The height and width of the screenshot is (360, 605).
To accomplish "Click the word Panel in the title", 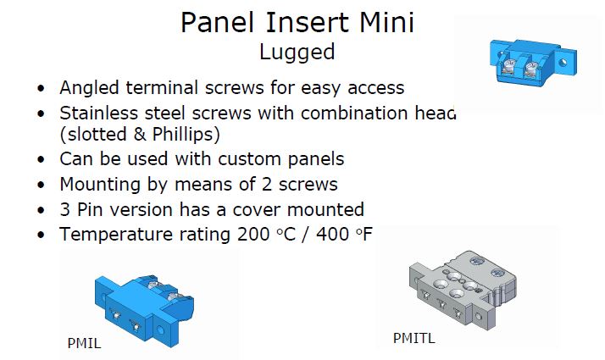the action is (x=218, y=22).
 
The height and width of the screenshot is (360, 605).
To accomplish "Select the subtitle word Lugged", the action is (x=297, y=53).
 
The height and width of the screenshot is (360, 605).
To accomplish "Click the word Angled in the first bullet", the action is (x=90, y=88).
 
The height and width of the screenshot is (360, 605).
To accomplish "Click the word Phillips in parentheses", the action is (x=186, y=135).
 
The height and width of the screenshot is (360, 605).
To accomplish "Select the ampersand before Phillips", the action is (x=140, y=135).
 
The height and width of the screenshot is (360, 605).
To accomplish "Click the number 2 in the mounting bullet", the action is (x=267, y=185).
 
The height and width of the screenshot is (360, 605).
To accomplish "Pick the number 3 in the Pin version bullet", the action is (x=65, y=210).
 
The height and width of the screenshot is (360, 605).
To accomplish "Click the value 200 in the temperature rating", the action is (x=253, y=235).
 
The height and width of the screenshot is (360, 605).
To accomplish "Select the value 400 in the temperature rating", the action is (x=333, y=235).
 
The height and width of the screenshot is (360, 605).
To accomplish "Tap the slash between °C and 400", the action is (x=306, y=235).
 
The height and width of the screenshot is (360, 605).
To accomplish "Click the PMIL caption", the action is (x=84, y=343).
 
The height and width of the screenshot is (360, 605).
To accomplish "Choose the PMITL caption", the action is (x=414, y=338).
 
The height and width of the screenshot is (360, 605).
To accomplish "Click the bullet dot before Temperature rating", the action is (x=41, y=235).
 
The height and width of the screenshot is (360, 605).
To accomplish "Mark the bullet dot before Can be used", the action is (x=41, y=160).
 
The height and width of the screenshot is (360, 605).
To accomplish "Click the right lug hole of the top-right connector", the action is (x=563, y=62).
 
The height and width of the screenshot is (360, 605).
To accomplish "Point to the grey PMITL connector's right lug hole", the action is (x=479, y=317).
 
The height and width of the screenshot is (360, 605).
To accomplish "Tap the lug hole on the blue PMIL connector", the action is (x=160, y=330).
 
